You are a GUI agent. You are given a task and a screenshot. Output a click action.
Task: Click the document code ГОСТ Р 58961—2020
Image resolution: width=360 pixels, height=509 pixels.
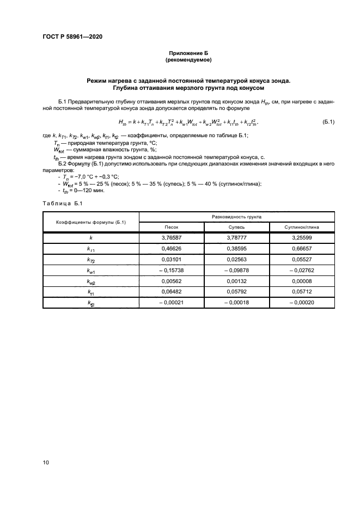(x=72, y=36)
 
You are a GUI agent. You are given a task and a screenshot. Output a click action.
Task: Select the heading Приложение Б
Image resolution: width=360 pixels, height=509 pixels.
(x=188, y=53)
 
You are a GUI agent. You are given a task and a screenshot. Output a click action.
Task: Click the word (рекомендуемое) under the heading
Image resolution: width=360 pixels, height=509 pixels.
(x=188, y=60)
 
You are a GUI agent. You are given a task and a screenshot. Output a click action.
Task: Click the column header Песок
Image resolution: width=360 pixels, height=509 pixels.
(x=172, y=226)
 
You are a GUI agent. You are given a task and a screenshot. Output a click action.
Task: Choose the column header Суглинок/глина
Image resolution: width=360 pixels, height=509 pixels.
(x=302, y=226)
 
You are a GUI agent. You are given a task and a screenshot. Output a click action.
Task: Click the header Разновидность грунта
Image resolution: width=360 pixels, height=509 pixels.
(x=237, y=216)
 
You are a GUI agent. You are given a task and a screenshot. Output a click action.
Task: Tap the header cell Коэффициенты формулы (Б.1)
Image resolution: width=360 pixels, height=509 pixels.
(x=91, y=222)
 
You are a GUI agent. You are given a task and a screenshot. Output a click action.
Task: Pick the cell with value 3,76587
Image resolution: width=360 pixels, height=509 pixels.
(x=172, y=238)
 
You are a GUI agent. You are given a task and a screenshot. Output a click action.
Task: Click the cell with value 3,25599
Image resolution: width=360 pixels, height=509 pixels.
(x=302, y=238)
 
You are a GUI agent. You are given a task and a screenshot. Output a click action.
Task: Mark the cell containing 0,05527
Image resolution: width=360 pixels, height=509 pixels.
(x=302, y=260)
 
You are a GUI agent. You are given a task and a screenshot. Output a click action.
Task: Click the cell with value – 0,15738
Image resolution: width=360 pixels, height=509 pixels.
(x=172, y=271)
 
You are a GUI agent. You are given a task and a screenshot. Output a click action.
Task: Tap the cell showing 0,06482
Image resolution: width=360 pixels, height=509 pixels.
(x=172, y=292)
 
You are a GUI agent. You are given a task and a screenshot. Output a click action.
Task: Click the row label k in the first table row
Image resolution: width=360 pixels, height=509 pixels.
(x=91, y=238)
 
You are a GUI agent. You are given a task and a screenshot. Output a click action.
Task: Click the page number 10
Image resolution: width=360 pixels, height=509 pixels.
(x=46, y=462)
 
